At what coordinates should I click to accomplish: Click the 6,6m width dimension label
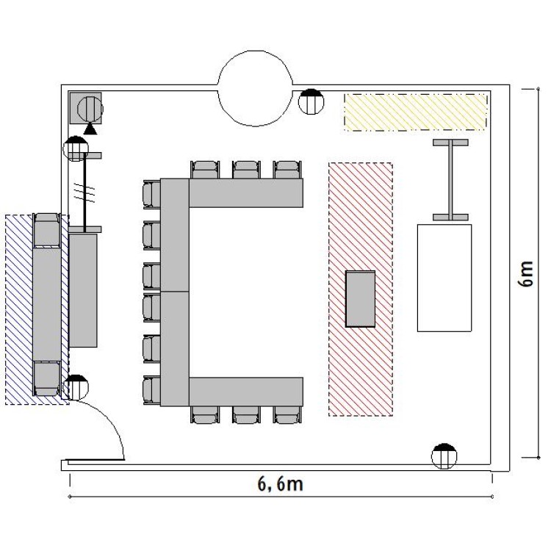pyautogui.click(x=280, y=484)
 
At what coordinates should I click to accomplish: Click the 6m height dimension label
pyautogui.click(x=526, y=274)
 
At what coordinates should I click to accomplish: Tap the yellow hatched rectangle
pyautogui.click(x=416, y=112)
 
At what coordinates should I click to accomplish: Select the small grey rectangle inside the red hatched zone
pyautogui.click(x=360, y=299)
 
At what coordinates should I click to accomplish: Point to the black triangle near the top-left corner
pyautogui.click(x=90, y=129)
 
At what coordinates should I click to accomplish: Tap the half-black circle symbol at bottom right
pyautogui.click(x=444, y=456)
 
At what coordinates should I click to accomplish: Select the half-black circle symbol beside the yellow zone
pyautogui.click(x=311, y=101)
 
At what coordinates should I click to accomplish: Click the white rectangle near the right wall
pyautogui.click(x=444, y=278)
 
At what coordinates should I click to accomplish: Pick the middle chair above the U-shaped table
pyautogui.click(x=246, y=170)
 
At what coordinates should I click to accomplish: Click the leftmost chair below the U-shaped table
pyautogui.click(x=205, y=414)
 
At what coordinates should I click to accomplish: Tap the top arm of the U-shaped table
pyautogui.click(x=246, y=193)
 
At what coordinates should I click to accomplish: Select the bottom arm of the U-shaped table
pyautogui.click(x=246, y=392)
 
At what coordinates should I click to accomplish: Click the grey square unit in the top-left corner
pyautogui.click(x=85, y=108)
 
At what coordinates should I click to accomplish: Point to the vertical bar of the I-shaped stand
pyautogui.click(x=450, y=180)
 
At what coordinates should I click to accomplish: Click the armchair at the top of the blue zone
pyautogui.click(x=47, y=230)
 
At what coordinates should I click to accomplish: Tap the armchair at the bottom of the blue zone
pyautogui.click(x=47, y=378)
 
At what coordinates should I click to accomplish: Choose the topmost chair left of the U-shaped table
pyautogui.click(x=151, y=195)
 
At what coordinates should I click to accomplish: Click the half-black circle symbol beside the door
pyautogui.click(x=76, y=387)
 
